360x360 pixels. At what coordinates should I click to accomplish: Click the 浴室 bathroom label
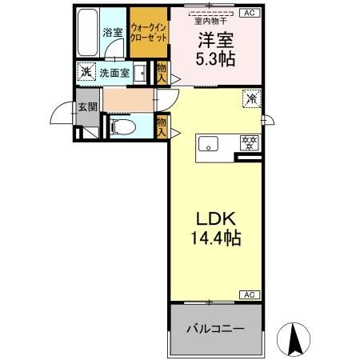pos(112,34)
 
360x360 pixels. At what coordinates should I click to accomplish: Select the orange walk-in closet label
pos(148,34)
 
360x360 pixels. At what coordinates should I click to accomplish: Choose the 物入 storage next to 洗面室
pos(161,74)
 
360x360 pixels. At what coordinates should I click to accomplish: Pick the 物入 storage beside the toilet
pos(161,126)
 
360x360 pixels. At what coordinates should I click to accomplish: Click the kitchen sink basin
pos(209,145)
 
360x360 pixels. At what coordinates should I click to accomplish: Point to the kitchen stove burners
pos(250,144)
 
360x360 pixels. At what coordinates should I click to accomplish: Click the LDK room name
pos(214,218)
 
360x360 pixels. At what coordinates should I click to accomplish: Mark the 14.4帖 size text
pos(214,238)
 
